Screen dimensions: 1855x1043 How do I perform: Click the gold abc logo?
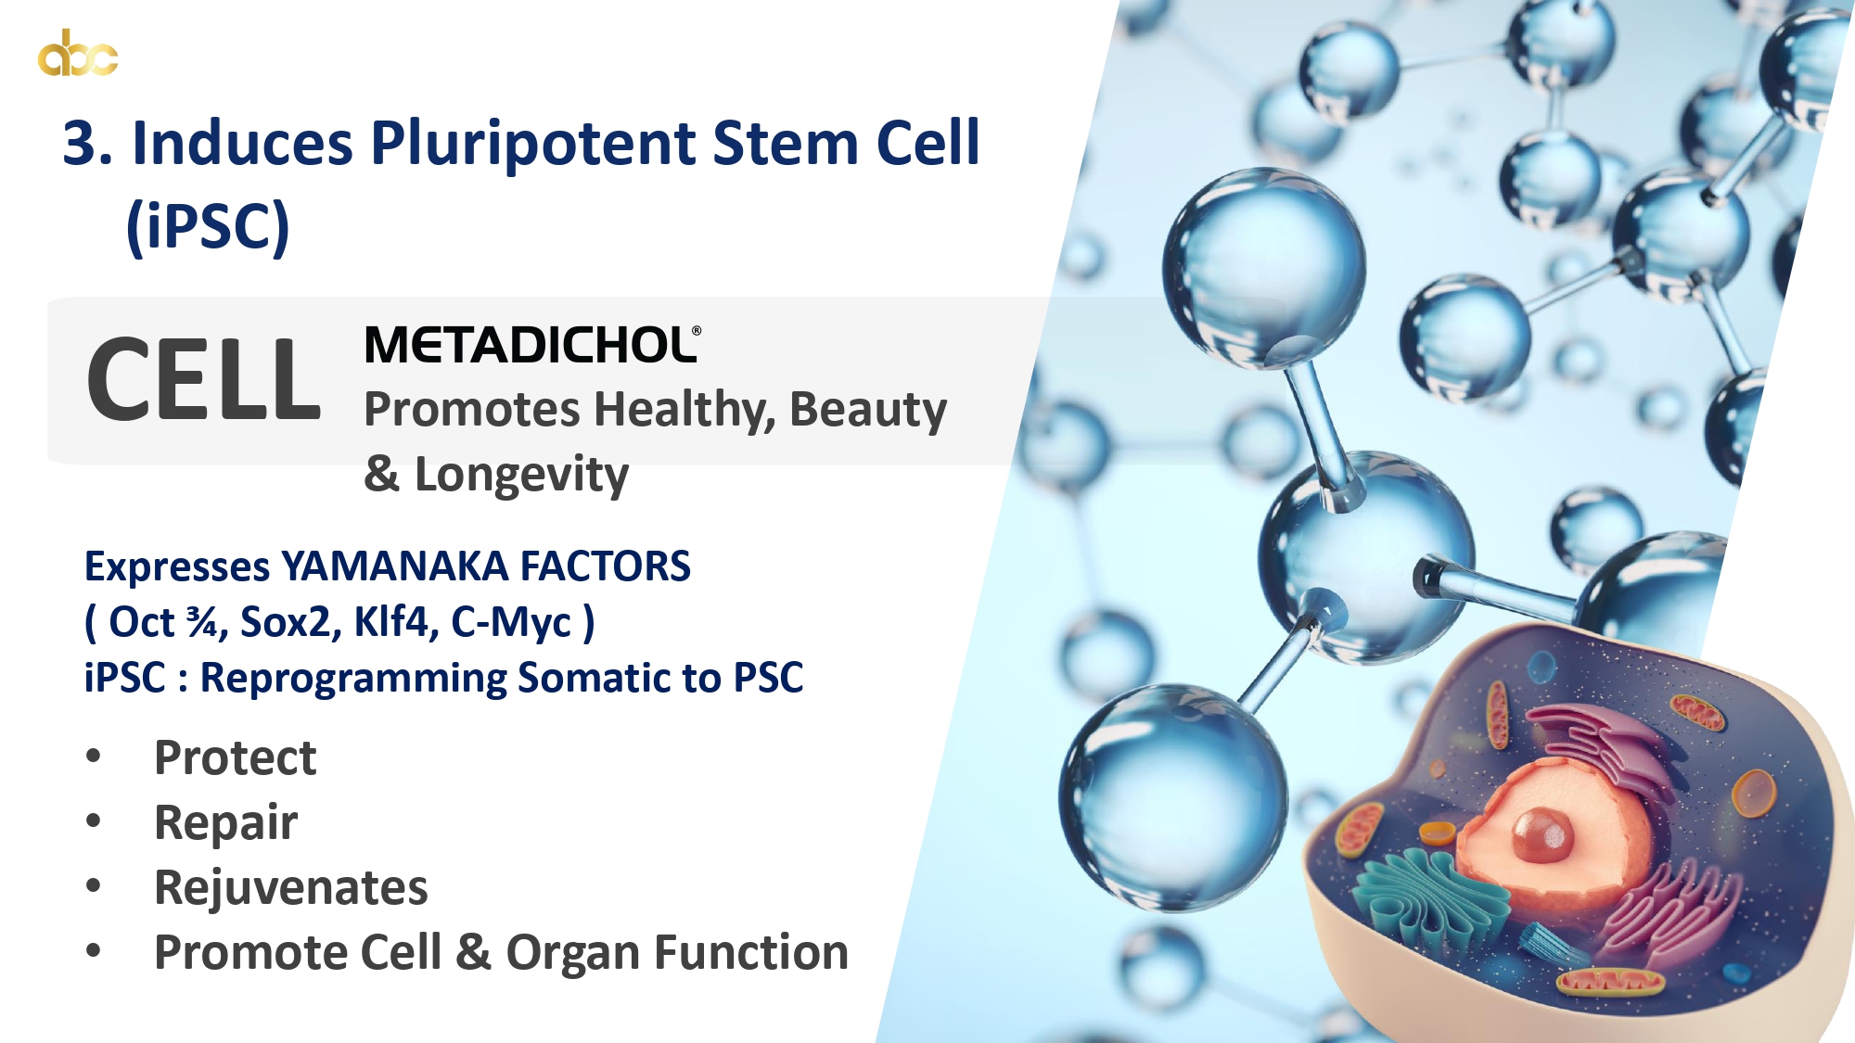pos(78,53)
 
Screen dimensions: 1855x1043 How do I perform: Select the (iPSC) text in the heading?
pos(208,225)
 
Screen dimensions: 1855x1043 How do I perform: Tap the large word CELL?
pos(203,379)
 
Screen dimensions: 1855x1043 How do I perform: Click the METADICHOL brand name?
pos(532,345)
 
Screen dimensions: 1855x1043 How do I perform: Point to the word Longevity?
pos(521,475)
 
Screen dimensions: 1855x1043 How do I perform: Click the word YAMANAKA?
pos(394,566)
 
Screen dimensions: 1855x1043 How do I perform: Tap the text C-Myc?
pos(511,622)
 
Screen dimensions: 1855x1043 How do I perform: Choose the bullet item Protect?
pos(236,757)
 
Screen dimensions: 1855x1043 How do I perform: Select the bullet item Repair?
pos(226,823)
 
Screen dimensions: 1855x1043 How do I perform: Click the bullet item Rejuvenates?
pos(291,888)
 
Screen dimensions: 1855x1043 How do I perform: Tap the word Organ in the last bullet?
pos(579,953)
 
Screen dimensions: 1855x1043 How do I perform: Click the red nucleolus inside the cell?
pos(1542,833)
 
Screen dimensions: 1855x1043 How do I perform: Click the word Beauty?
pos(868,411)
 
